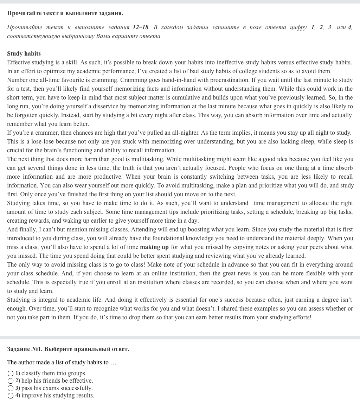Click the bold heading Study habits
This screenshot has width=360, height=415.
coord(24,53)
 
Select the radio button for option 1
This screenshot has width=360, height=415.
coord(11,373)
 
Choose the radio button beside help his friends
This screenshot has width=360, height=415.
coord(11,381)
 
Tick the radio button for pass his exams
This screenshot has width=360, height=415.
coord(11,388)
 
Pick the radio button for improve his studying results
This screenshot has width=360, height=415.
coord(11,395)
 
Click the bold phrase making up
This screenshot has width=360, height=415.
coord(154,247)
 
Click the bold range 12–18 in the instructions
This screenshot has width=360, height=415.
coord(141,27)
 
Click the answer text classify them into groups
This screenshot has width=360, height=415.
coord(54,373)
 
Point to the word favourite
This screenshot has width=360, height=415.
coord(63,80)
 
